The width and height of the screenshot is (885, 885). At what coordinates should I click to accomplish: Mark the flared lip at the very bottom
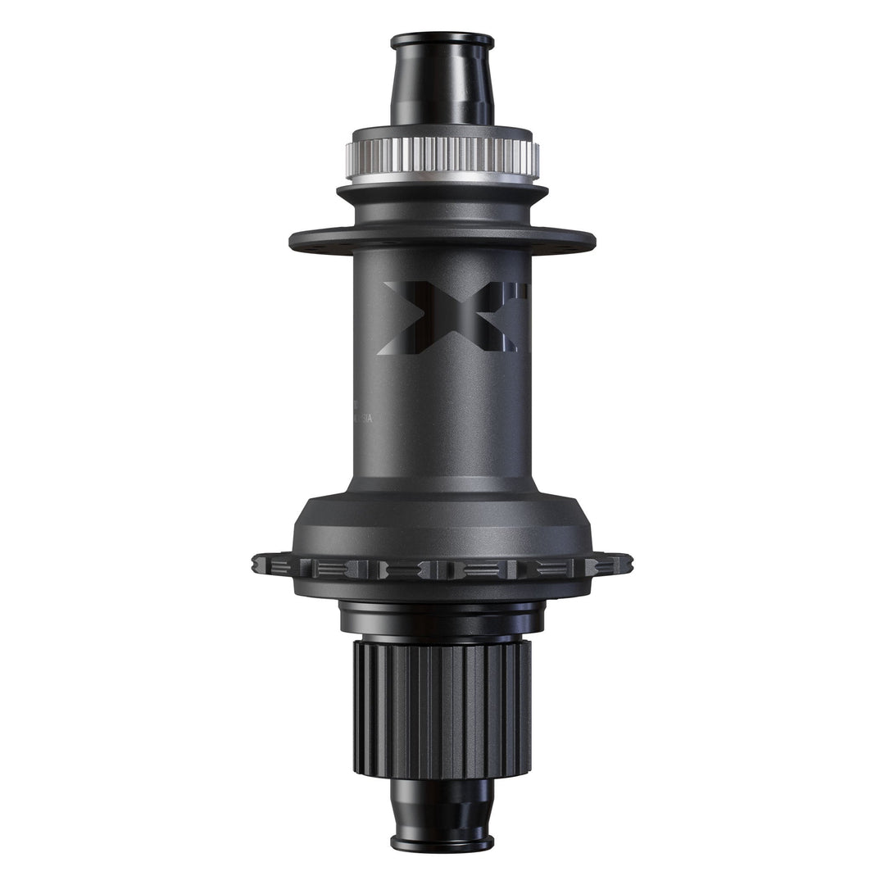tap(442, 842)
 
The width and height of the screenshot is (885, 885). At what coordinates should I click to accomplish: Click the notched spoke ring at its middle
tap(442, 569)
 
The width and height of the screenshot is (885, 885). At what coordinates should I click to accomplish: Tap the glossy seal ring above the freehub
tap(442, 619)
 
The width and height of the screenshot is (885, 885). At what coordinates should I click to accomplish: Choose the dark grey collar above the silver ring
tap(442, 133)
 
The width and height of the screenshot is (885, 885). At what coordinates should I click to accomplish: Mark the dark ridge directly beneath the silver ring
tap(442, 193)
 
